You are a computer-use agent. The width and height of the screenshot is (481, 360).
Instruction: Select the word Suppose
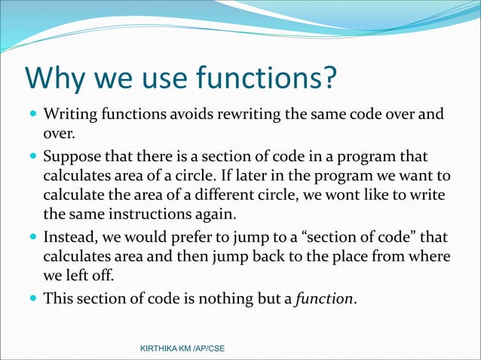[71, 157]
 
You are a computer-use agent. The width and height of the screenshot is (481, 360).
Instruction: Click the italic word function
[323, 298]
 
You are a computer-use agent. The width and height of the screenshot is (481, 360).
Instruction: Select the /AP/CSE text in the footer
[207, 349]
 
